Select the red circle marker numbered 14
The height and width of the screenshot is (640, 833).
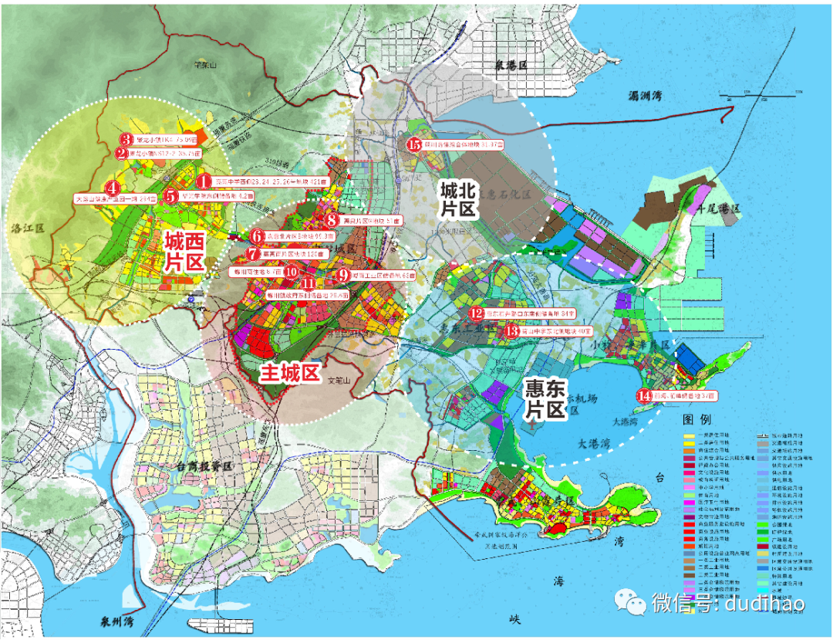coord(645,396)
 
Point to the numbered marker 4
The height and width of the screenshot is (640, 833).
coord(113,188)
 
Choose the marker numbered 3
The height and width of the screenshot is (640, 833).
coord(126,139)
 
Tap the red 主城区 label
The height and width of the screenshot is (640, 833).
coord(289,374)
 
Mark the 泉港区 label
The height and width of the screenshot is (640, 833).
coord(510,67)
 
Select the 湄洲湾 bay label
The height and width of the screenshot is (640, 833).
coord(646,97)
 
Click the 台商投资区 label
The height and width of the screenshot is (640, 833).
coord(204,467)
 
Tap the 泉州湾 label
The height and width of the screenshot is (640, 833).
coord(115,620)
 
